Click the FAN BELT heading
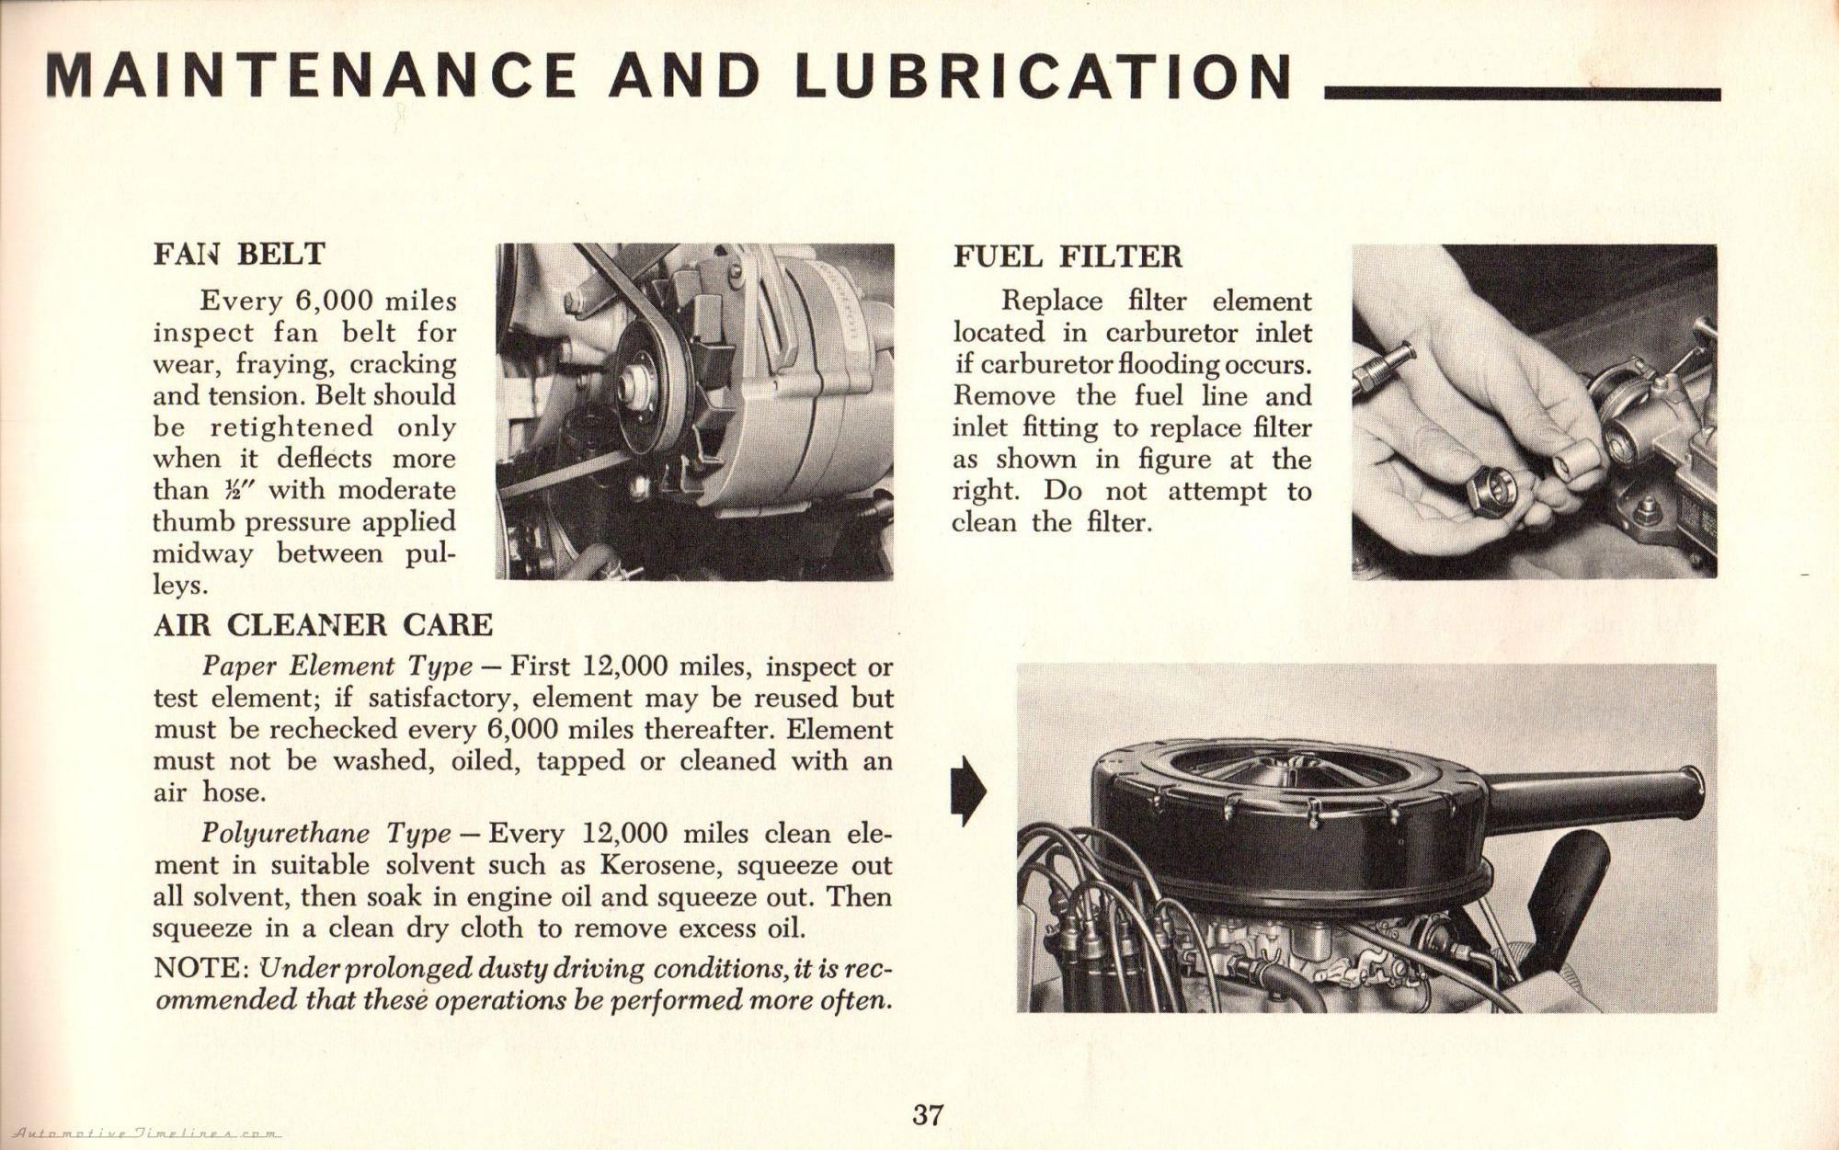239,254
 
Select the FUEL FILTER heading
1068,256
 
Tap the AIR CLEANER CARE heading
323,625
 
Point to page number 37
927,1115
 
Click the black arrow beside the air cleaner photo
967,791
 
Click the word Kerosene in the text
664,865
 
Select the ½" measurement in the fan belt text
234,490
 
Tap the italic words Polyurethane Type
326,834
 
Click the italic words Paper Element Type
337,666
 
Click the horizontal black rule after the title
1522,94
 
